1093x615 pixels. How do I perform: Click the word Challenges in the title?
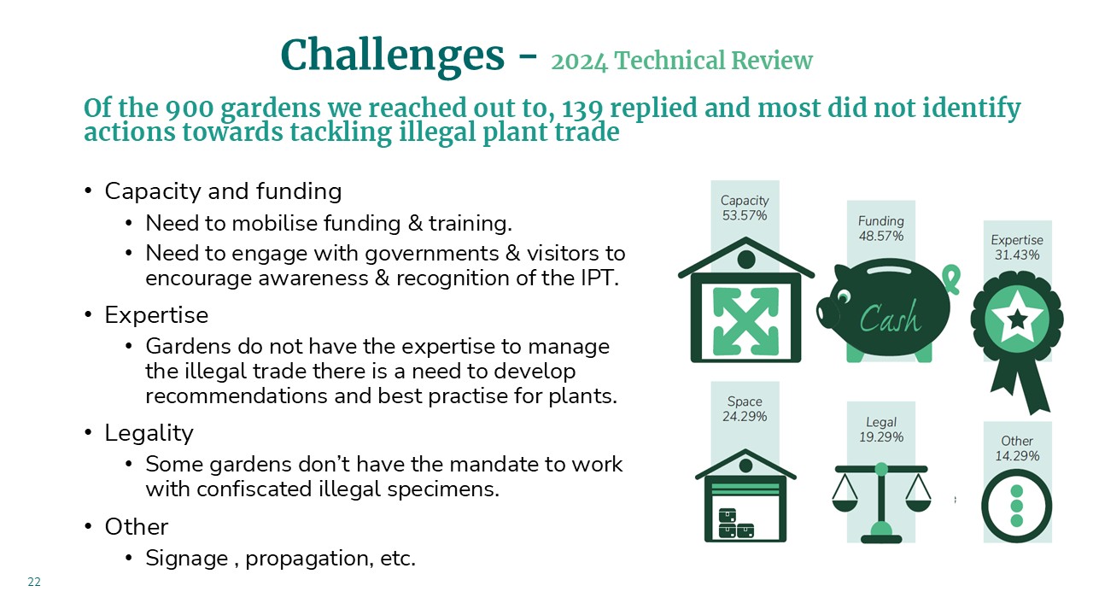[392, 56]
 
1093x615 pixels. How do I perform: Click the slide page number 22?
[34, 582]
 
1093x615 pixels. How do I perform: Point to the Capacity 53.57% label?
[745, 208]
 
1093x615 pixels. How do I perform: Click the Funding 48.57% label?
[880, 228]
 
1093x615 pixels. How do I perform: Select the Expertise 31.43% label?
[1017, 248]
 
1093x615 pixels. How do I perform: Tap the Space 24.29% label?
[745, 409]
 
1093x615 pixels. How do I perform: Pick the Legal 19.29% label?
[880, 430]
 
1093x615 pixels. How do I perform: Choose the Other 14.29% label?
[1017, 448]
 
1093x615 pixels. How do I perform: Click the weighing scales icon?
[881, 503]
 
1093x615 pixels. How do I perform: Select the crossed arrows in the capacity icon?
[745, 320]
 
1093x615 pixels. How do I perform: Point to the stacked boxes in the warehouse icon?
[736, 524]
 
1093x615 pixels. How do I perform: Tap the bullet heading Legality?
[149, 433]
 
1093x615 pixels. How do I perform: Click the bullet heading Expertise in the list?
[156, 315]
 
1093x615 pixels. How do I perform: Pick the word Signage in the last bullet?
[186, 559]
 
